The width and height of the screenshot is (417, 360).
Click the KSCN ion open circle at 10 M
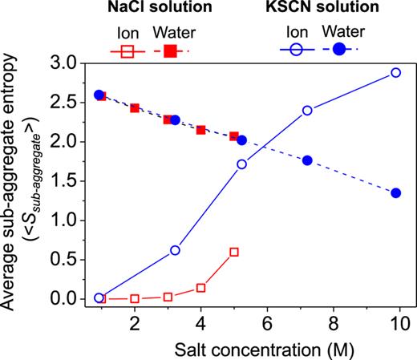[x=395, y=73]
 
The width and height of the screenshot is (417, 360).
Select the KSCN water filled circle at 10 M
[x=395, y=193]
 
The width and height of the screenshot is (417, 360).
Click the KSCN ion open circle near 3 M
[x=175, y=250]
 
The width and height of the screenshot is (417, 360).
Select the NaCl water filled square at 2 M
[x=135, y=108]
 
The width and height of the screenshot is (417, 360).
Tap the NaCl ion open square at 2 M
[x=135, y=298]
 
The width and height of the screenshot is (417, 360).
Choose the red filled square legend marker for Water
[x=172, y=50]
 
